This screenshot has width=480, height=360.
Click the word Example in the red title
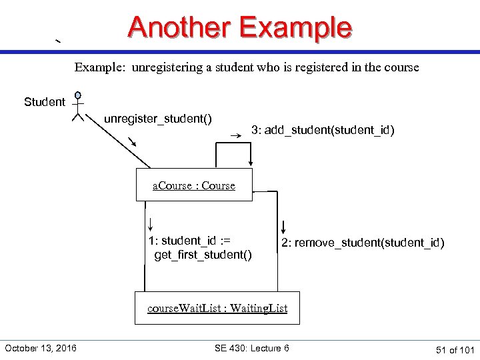[295, 27]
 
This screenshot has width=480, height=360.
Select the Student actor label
[45, 102]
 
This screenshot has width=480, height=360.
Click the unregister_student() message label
[158, 119]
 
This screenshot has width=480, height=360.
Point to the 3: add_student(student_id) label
[323, 131]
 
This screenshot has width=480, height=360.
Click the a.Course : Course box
[194, 185]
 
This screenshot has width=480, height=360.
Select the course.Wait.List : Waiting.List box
[217, 308]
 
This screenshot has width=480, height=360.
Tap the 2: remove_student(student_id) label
[363, 243]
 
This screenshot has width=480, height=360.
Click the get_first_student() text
[203, 255]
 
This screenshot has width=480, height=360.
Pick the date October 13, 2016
[41, 348]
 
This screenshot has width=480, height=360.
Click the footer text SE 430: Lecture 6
[252, 348]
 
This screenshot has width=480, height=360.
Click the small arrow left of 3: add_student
[235, 135]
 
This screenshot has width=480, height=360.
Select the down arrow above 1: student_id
[151, 223]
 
